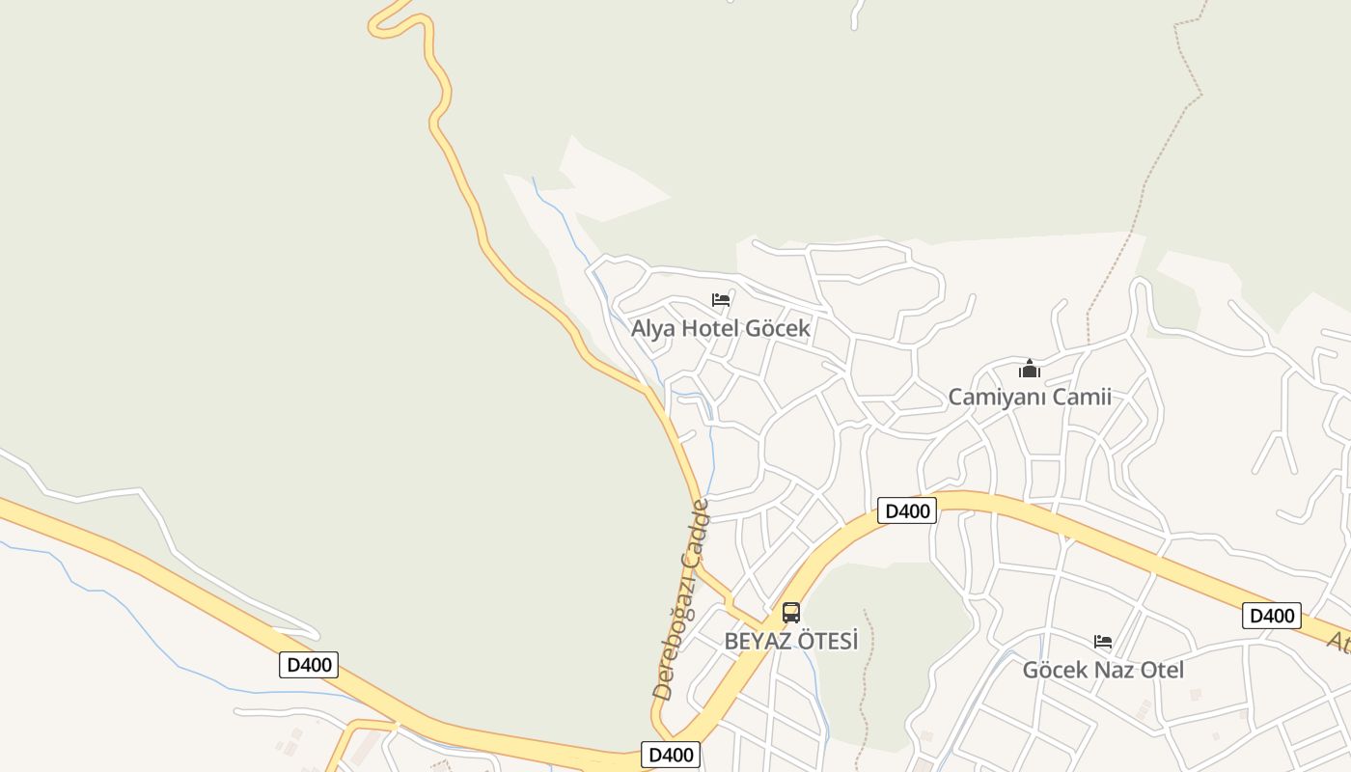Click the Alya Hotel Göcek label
click(x=720, y=328)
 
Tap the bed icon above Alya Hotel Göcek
click(x=720, y=300)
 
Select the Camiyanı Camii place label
click(x=1030, y=397)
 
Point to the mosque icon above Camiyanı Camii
click(x=1030, y=369)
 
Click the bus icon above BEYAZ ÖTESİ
click(x=791, y=612)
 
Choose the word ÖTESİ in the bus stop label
click(x=827, y=641)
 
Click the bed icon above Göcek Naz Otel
click(x=1103, y=642)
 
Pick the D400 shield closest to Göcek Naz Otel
click(x=1271, y=616)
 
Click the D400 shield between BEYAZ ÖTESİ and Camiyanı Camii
click(x=907, y=510)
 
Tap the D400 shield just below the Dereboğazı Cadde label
click(x=670, y=755)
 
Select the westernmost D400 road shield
click(x=309, y=664)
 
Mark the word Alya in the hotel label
click(x=653, y=328)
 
